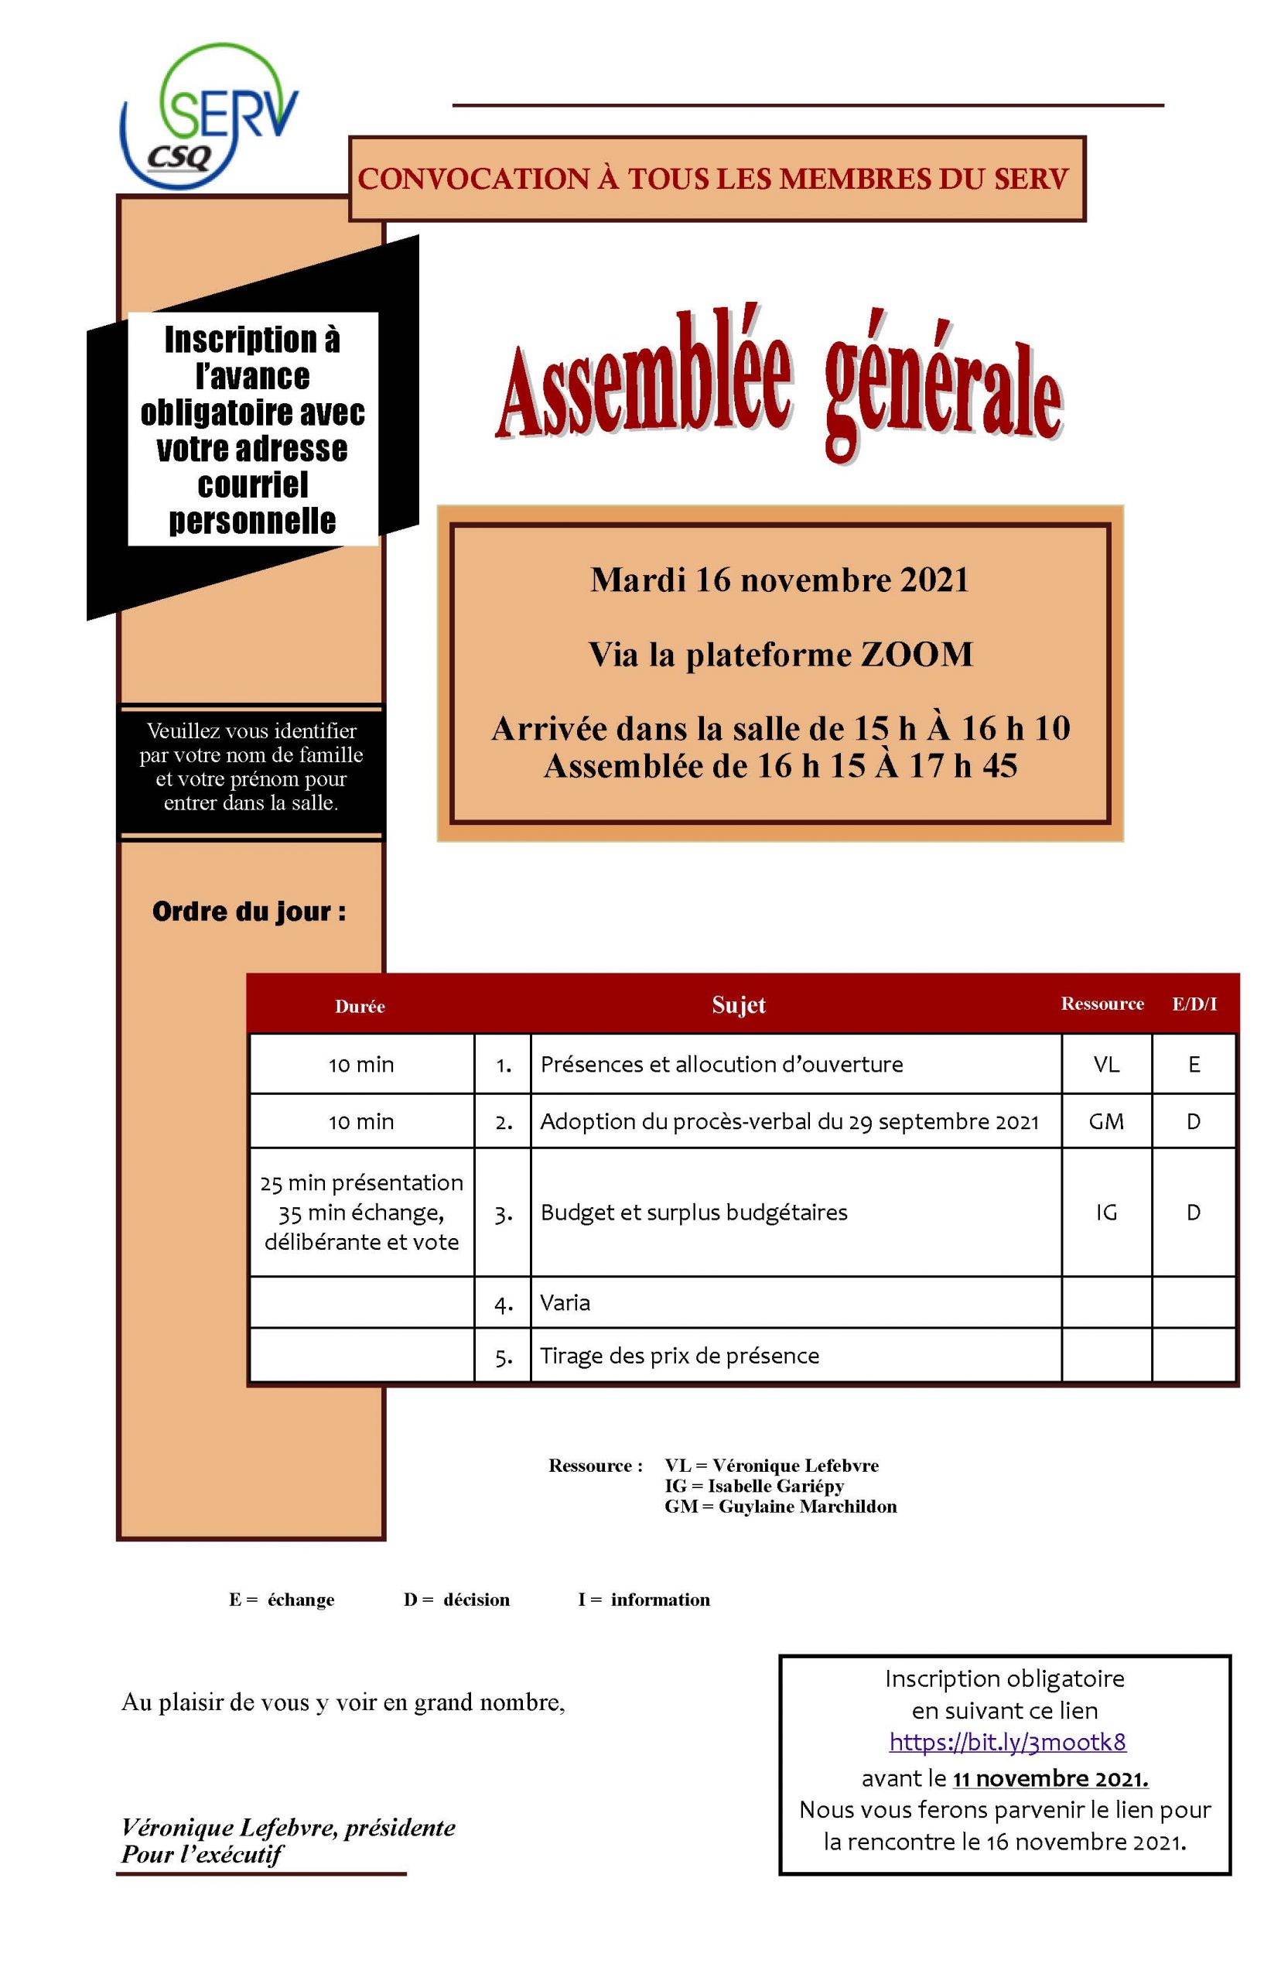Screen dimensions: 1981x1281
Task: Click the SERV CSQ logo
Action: tap(210, 117)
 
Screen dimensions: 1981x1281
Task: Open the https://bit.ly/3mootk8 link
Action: tap(1007, 1741)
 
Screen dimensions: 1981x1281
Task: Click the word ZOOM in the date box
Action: tap(917, 654)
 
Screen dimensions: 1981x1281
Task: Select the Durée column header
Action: tap(360, 1006)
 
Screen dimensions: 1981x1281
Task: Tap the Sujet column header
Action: tap(739, 1004)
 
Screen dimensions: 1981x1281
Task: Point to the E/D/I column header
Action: tap(1194, 1004)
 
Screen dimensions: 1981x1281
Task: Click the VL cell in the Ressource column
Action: tap(1106, 1064)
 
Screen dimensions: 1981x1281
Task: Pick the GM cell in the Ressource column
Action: tap(1106, 1121)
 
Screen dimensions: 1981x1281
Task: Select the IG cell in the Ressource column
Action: tap(1106, 1213)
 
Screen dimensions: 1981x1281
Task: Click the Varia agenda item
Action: tap(565, 1302)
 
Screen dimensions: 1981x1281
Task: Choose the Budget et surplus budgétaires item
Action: tap(694, 1213)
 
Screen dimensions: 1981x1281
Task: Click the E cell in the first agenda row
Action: tap(1194, 1064)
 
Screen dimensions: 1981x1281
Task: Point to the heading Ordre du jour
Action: tap(249, 912)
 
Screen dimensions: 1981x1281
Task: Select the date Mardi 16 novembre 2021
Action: tap(780, 580)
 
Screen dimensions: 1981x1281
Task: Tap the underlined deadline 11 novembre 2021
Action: tap(1050, 1778)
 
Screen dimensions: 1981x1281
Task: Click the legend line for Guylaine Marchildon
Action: tap(781, 1506)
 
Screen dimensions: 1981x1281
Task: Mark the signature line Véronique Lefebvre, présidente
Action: tap(288, 1827)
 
